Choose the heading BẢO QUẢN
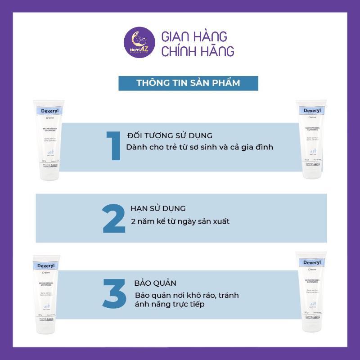coord(155,283)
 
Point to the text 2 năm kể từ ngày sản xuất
coord(180,221)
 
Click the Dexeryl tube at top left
coord(49,139)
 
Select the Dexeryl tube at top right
coord(311,139)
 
